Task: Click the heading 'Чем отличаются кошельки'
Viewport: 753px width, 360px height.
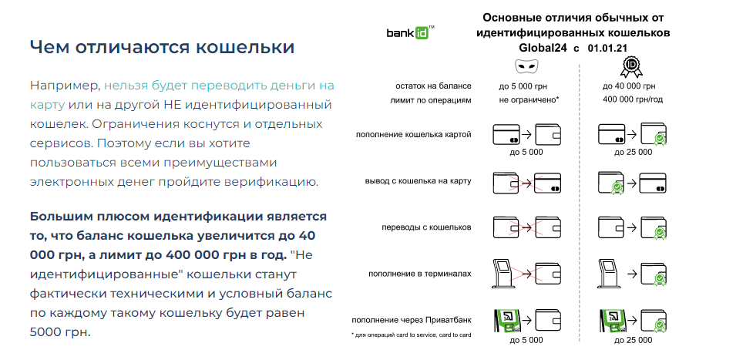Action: tap(162, 47)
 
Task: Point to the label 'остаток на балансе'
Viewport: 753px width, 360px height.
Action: tap(433, 86)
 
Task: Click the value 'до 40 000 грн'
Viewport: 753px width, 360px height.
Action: tap(629, 86)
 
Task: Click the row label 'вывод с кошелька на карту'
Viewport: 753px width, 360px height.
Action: tap(418, 181)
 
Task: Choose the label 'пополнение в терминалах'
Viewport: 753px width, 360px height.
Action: tap(420, 274)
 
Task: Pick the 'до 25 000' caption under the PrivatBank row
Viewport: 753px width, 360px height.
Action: tap(633, 340)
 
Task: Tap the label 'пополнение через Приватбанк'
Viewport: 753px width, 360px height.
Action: tap(412, 320)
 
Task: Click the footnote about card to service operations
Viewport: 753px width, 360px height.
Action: tap(411, 335)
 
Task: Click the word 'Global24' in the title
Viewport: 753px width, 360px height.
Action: tap(543, 48)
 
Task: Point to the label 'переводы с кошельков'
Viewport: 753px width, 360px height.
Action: tap(426, 227)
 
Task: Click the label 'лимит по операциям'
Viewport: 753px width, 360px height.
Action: tap(431, 100)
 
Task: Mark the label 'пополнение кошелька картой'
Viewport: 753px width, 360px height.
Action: tap(413, 135)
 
